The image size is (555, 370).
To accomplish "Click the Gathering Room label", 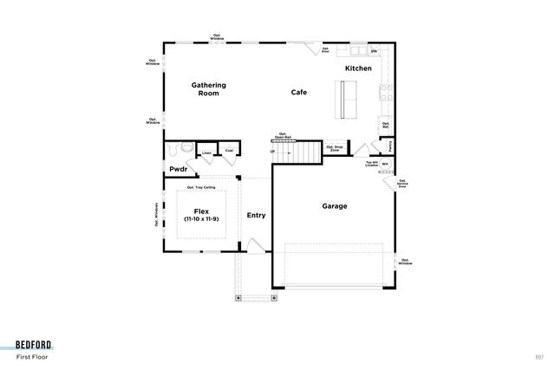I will tap(208, 88).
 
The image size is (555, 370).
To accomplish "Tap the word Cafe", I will tap(299, 92).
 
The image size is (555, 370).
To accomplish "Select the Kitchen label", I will tap(358, 68).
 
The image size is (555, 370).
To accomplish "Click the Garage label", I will tap(335, 206).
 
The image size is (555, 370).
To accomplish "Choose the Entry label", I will tap(256, 215).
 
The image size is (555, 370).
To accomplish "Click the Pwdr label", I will tap(179, 169).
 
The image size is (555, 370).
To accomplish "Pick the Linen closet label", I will tap(207, 153).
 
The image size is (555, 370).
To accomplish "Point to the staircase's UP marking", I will tap(273, 152).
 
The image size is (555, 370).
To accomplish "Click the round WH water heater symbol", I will tap(385, 163).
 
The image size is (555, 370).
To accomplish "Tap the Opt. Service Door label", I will tap(402, 183).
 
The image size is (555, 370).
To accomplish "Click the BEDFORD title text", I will tap(34, 343).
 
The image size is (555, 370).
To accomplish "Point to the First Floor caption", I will tap(34, 356).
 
